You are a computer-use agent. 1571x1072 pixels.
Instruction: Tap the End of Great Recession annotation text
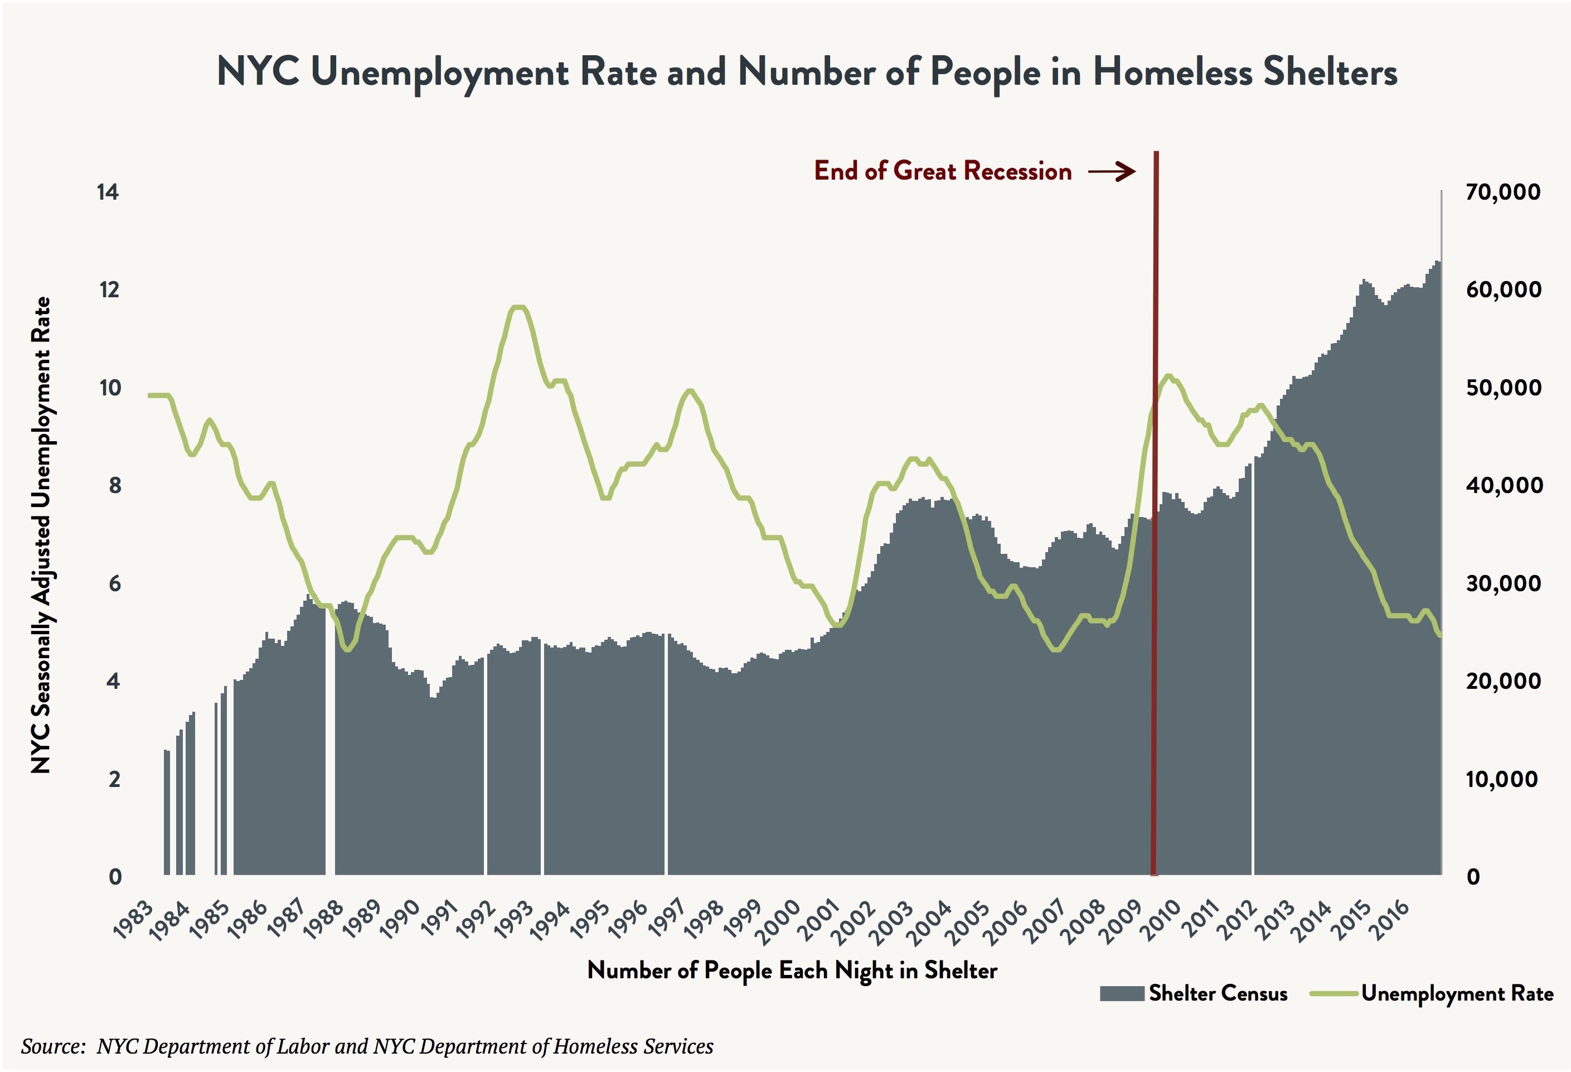(942, 171)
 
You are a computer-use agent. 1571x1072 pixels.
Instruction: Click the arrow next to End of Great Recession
(1112, 171)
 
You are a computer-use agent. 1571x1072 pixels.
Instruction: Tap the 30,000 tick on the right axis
(1503, 583)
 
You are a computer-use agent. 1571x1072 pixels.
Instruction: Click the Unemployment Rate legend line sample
(1334, 993)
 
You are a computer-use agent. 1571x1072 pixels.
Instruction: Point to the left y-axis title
(41, 534)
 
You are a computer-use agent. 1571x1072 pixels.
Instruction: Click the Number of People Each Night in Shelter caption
(792, 970)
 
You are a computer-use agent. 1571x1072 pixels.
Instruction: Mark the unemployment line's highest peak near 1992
(518, 308)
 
